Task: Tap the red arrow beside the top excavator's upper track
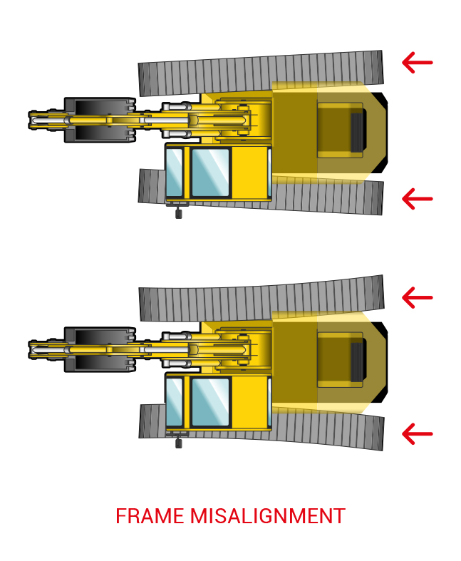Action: click(x=417, y=63)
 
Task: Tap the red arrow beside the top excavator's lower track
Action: click(x=417, y=197)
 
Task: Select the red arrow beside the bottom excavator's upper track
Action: click(x=417, y=297)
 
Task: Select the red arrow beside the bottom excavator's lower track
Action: click(x=417, y=433)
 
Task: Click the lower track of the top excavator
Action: click(x=328, y=196)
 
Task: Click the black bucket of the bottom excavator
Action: click(x=100, y=349)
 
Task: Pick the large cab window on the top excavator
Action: click(x=210, y=173)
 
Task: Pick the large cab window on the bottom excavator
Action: click(x=210, y=402)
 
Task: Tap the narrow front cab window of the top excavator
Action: click(x=175, y=173)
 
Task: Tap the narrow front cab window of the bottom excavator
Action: click(x=175, y=402)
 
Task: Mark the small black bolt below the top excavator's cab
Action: click(x=178, y=212)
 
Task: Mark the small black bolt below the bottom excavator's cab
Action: click(x=178, y=442)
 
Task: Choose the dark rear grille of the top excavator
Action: click(x=357, y=133)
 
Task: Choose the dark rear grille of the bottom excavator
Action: click(x=357, y=362)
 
